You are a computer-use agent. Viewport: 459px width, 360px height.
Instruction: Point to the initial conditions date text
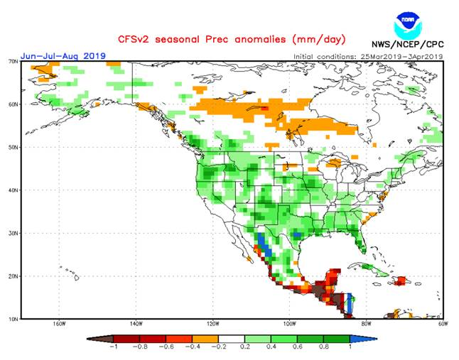(x=367, y=55)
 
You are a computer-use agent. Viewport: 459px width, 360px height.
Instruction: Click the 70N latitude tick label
(x=13, y=62)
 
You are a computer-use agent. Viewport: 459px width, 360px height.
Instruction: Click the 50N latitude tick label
(x=13, y=147)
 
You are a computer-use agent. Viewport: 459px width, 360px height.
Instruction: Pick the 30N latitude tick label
(x=13, y=233)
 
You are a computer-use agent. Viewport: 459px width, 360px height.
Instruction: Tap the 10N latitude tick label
(x=13, y=319)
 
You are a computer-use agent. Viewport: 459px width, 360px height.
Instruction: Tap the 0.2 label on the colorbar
(x=245, y=348)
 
